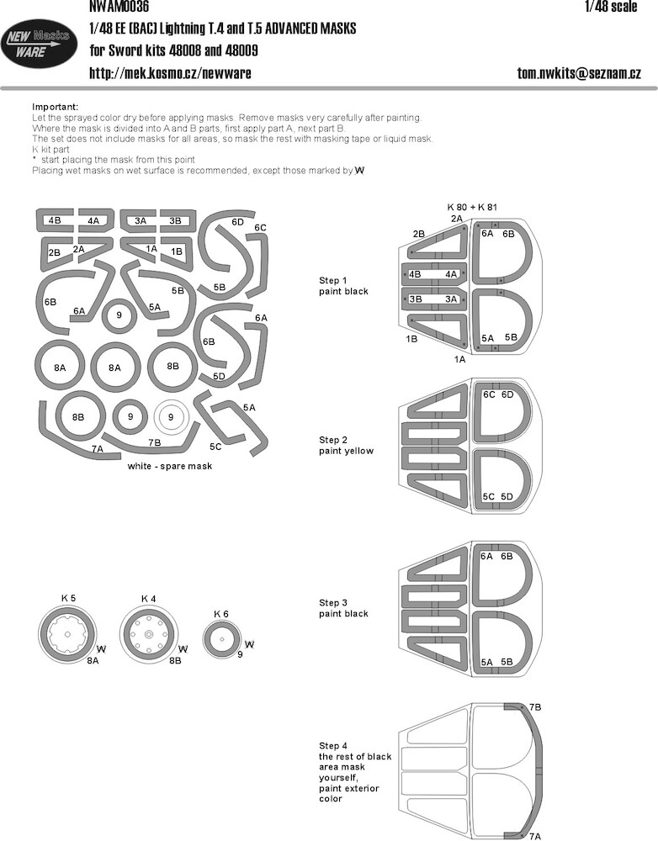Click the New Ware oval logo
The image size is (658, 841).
click(38, 43)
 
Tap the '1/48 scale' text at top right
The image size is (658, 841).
click(611, 7)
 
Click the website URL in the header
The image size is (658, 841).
click(170, 72)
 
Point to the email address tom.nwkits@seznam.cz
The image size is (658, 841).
click(579, 72)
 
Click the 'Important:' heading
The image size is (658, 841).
click(56, 107)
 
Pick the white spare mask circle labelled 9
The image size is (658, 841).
click(171, 417)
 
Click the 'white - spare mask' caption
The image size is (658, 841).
click(170, 466)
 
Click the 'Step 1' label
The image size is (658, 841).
click(332, 281)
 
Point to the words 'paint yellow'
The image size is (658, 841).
click(346, 451)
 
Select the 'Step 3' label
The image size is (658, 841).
click(332, 603)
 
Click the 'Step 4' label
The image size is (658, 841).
click(332, 746)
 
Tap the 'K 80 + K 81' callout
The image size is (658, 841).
click(472, 207)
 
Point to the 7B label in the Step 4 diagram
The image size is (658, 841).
click(535, 707)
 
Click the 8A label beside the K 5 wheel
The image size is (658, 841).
click(93, 661)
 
